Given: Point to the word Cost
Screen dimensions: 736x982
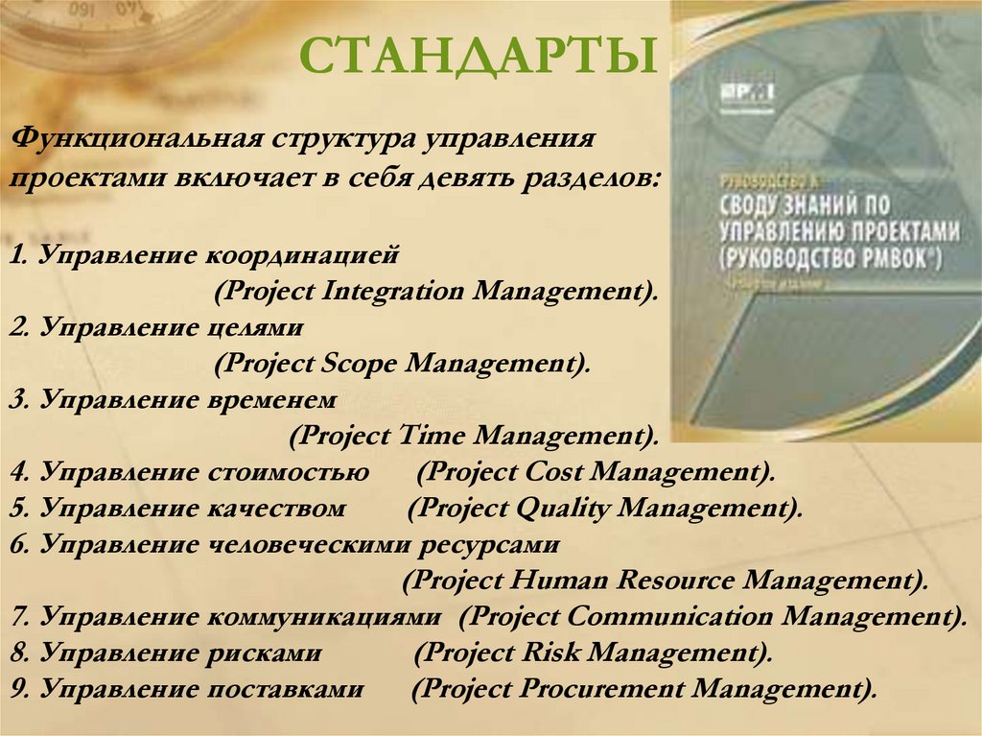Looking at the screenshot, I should click(x=555, y=472).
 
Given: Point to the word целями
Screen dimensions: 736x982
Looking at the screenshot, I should click(x=253, y=328).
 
